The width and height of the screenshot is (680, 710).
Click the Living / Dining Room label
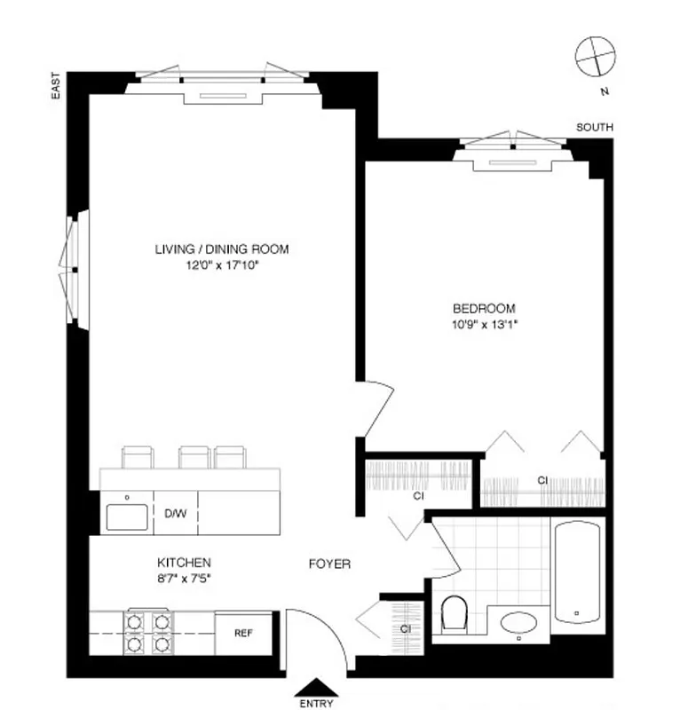221,249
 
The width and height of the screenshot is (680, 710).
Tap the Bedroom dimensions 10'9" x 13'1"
484,324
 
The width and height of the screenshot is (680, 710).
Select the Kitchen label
184,563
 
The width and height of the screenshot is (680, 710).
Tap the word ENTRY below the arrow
316,704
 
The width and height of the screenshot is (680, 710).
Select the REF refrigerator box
243,634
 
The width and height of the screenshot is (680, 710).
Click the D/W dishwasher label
174,513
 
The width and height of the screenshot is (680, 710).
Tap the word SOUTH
594,128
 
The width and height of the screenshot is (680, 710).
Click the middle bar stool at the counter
193,456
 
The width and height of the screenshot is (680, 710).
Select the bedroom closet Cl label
542,480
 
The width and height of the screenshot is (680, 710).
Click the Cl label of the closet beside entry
404,628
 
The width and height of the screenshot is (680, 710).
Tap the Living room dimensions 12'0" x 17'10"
221,264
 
